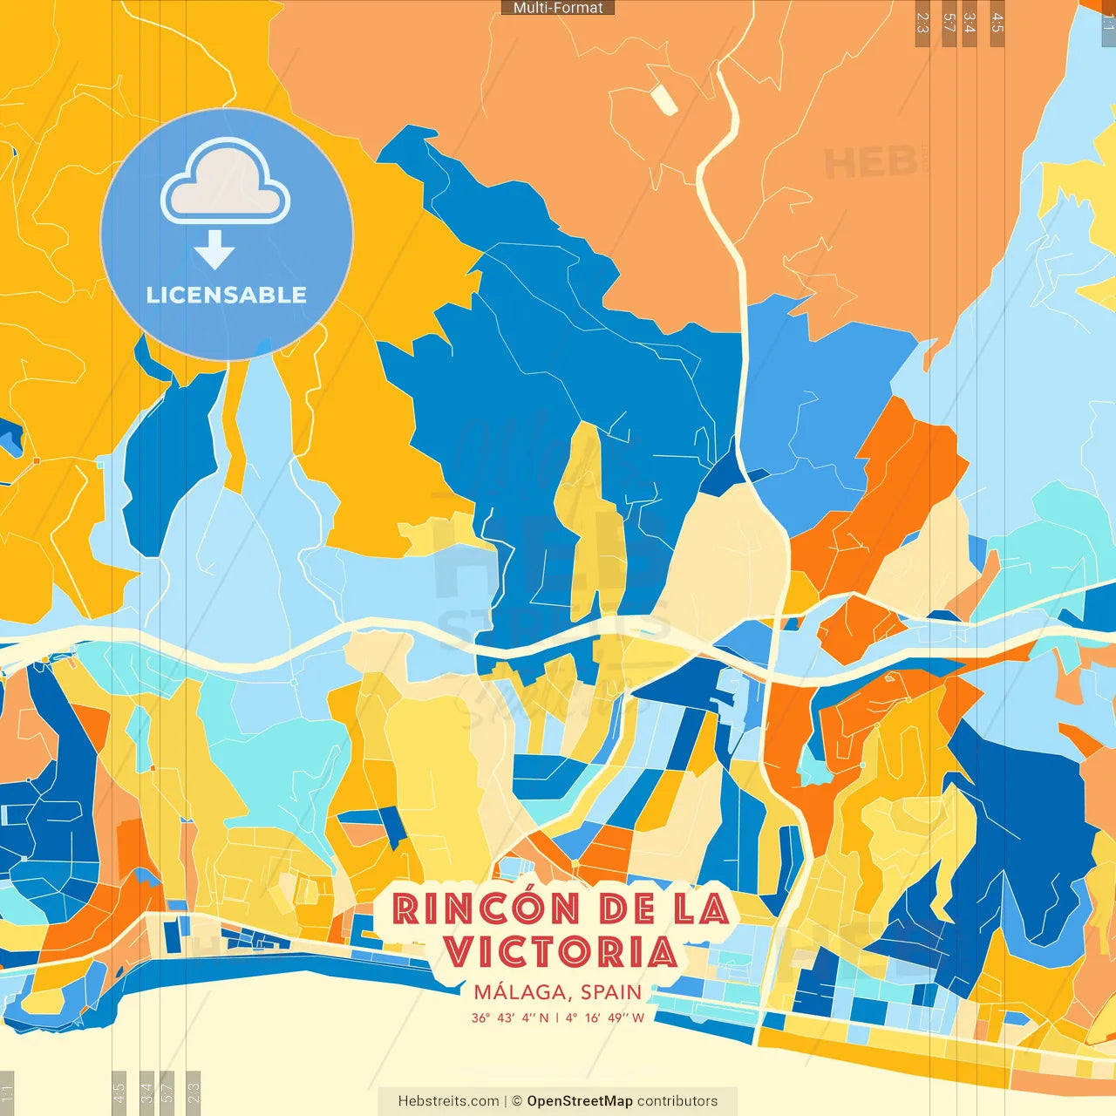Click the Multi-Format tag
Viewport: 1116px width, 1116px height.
tap(558, 8)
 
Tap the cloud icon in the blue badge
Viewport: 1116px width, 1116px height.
tap(226, 182)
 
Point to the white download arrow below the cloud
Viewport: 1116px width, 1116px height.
tap(214, 249)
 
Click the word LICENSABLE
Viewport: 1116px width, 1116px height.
tap(227, 295)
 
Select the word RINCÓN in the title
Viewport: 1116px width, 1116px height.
tap(487, 909)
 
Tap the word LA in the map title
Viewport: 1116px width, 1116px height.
tap(701, 909)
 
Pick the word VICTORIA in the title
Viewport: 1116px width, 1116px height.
tap(561, 952)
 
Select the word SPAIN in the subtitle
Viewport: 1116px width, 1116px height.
tap(611, 992)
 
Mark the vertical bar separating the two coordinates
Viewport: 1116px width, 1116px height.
tap(557, 1017)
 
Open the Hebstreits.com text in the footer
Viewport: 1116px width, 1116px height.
tap(448, 1101)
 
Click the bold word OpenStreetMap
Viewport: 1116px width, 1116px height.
tap(580, 1101)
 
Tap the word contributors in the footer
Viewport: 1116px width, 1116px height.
tap(677, 1101)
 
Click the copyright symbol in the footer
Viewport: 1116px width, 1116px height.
tap(517, 1101)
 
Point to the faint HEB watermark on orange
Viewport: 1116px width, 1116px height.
tap(872, 163)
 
